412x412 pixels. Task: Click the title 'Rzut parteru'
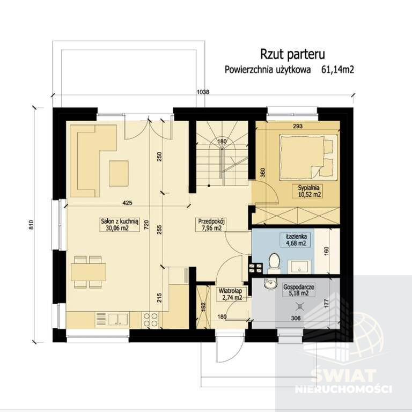tap(292, 54)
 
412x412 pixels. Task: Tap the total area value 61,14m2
tap(337, 70)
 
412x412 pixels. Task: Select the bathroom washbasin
tap(299, 267)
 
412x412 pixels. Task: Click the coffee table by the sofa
tap(119, 173)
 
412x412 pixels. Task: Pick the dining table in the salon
tap(89, 272)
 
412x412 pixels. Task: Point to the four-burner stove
tap(150, 320)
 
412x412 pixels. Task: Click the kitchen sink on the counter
tap(112, 320)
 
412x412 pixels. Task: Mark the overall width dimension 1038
tap(203, 92)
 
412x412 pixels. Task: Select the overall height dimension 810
tap(32, 225)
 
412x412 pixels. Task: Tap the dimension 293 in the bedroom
tap(298, 127)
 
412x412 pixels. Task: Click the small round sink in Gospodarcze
tap(270, 283)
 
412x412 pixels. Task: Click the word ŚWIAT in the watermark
tap(343, 375)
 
